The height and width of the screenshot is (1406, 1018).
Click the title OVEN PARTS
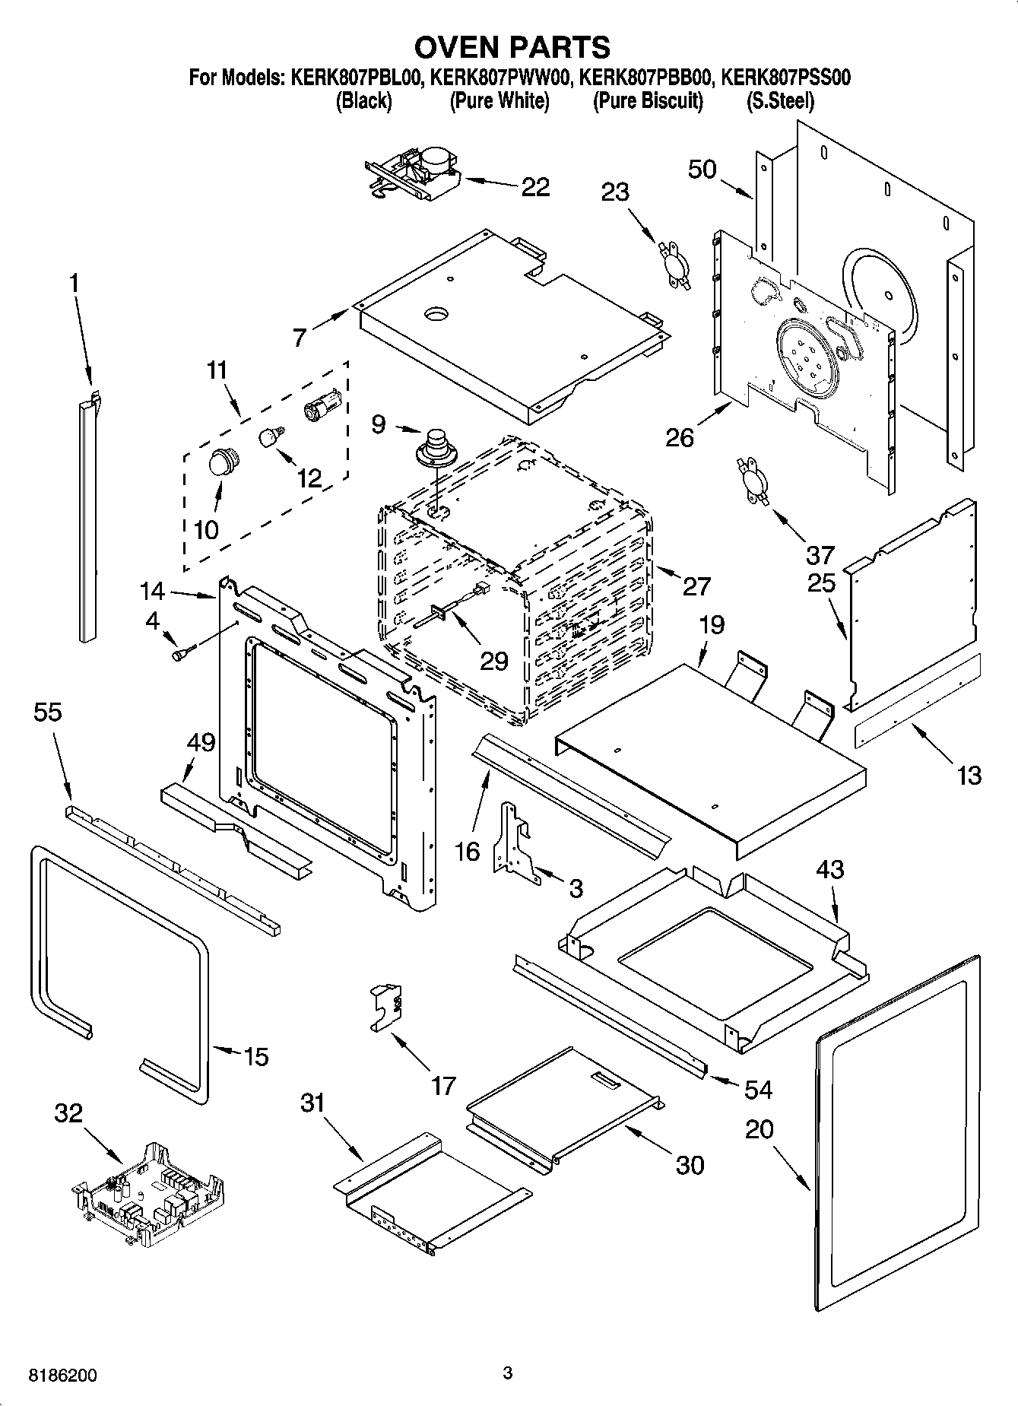512,47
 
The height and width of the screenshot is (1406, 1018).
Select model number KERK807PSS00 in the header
785,77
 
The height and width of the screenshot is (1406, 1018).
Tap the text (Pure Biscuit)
648,100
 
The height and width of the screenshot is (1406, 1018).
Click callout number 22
535,186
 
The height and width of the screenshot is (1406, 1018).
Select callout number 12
309,478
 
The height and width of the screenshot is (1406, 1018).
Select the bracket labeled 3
516,843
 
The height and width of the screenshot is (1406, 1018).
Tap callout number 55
48,713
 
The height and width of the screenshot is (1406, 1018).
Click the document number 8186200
62,1376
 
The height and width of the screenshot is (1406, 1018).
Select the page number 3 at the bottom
508,1373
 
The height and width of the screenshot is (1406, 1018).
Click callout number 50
702,169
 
